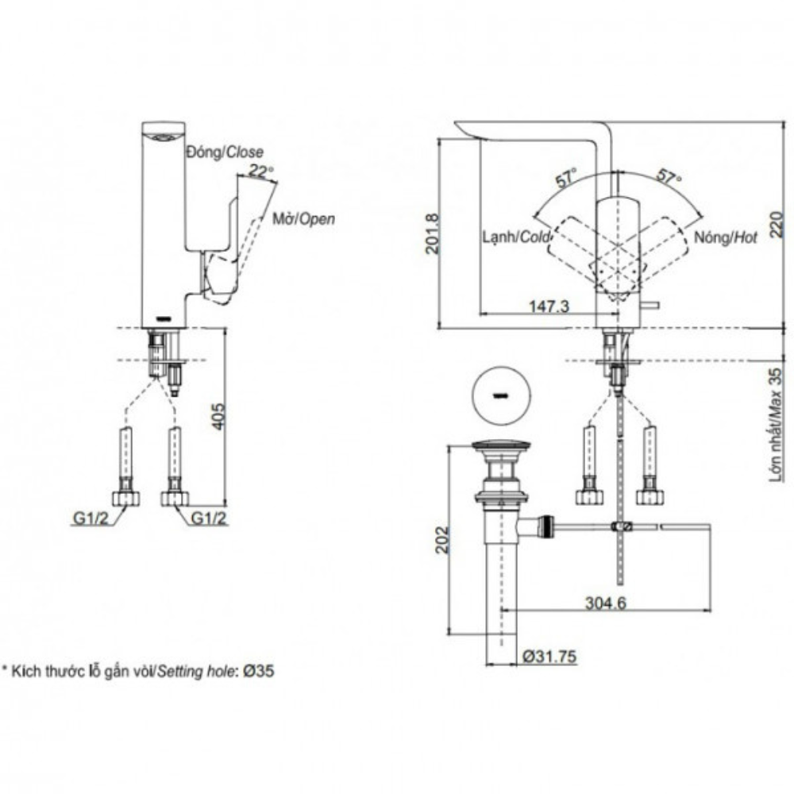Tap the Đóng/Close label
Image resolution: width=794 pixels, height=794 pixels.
(224, 151)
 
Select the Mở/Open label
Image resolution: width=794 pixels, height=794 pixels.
(303, 218)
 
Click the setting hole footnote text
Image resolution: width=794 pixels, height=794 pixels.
(139, 671)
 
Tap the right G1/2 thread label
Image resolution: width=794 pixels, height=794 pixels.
(209, 518)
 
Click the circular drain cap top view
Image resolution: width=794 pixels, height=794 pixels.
(500, 396)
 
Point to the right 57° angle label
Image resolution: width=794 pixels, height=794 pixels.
(669, 177)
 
